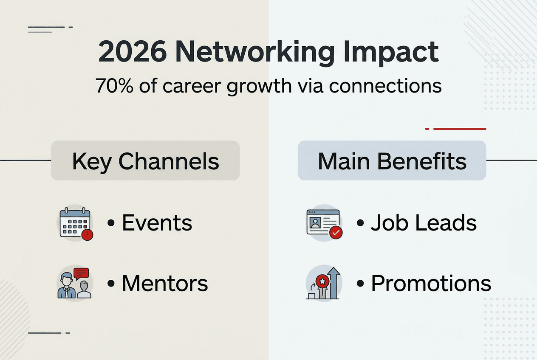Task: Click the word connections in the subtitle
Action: tap(385, 86)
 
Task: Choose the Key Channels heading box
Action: tap(145, 161)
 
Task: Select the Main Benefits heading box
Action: tap(392, 161)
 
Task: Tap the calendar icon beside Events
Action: tap(74, 224)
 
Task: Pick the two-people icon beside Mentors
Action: tap(74, 283)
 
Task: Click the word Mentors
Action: tap(165, 284)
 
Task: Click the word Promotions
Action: tap(431, 284)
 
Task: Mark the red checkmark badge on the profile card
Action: tap(336, 233)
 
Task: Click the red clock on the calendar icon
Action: tap(88, 235)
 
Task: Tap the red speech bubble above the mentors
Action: tap(81, 273)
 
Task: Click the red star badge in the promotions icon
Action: tap(323, 280)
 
